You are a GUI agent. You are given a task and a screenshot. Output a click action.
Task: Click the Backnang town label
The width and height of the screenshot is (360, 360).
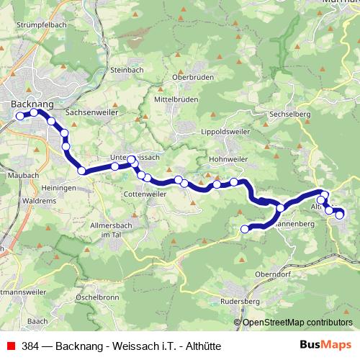tap(33, 104)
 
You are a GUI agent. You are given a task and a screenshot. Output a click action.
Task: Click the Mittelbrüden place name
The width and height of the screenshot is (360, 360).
tap(177, 100)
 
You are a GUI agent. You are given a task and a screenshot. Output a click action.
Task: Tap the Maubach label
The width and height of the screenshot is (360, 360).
tap(24, 175)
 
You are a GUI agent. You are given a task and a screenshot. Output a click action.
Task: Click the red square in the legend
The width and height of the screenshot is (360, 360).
tap(11, 346)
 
